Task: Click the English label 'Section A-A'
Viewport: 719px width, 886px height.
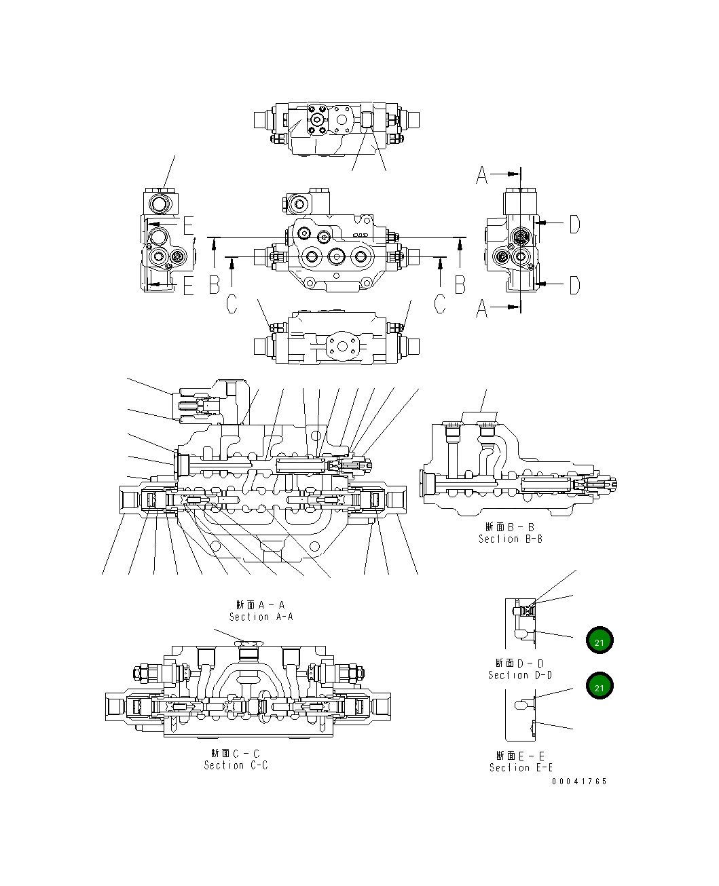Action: [261, 617]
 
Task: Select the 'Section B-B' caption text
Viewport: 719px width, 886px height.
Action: [510, 539]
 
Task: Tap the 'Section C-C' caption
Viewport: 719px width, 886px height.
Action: [236, 765]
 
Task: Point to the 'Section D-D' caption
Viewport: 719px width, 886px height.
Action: [519, 675]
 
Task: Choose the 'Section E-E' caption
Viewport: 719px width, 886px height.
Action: [521, 767]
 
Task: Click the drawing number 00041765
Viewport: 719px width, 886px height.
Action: [579, 782]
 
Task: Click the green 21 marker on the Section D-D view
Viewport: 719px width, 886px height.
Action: [600, 641]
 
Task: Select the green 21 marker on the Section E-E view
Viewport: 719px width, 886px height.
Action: [600, 687]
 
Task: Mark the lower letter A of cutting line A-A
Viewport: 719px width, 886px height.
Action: [482, 309]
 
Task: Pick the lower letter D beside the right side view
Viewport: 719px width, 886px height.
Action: [574, 285]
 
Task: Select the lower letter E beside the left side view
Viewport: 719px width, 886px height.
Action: [188, 286]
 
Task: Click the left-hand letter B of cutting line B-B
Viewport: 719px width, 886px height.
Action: [215, 285]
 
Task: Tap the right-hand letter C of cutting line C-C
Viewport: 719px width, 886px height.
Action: [440, 305]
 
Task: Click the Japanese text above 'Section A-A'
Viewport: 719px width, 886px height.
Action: [261, 604]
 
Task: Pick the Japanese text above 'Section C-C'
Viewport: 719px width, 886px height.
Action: [236, 753]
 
